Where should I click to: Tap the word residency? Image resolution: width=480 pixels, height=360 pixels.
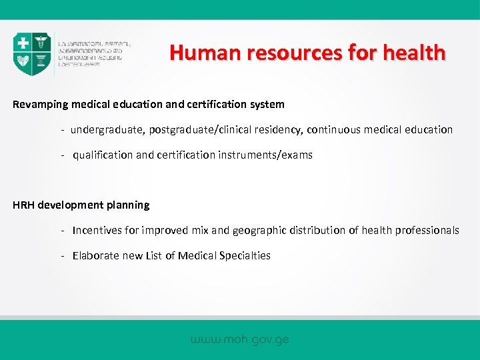coord(273,129)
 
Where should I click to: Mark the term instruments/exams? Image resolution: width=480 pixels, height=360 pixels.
coord(265,155)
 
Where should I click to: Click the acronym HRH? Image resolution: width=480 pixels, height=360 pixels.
coord(23,205)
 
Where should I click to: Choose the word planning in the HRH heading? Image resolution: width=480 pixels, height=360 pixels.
coord(127,205)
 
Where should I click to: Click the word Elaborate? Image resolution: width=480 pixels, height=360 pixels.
coord(96,255)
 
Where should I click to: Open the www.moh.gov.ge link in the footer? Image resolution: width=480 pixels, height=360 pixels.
coord(240,339)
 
